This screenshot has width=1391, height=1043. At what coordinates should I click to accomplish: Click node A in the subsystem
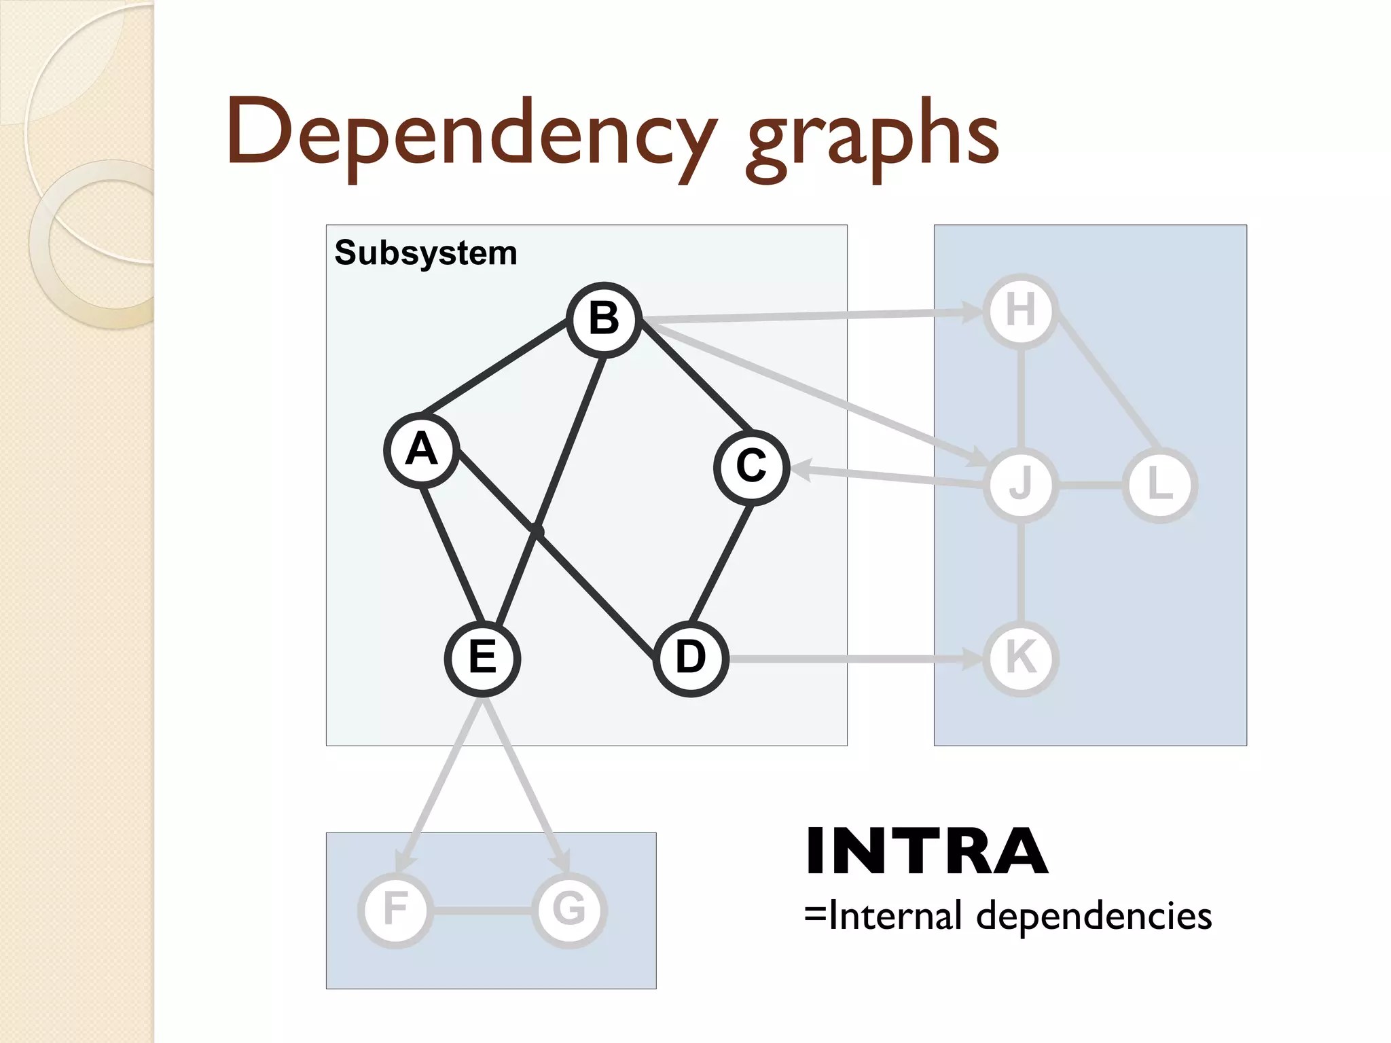click(421, 450)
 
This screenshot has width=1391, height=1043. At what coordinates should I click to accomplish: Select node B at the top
click(604, 318)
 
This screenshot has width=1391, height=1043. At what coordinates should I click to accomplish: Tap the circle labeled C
click(751, 467)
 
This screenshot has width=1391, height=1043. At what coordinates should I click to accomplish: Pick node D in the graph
click(691, 658)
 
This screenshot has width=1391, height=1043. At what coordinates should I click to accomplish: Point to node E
click(482, 658)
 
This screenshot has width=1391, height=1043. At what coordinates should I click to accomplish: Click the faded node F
click(395, 910)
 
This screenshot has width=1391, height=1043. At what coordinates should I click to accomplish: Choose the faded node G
click(569, 910)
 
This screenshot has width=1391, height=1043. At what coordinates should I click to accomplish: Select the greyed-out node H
click(1021, 311)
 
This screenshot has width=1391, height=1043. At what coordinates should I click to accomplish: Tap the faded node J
click(1021, 486)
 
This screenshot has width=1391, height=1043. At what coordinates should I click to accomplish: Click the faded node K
click(1021, 658)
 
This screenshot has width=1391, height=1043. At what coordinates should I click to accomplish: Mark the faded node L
click(1160, 486)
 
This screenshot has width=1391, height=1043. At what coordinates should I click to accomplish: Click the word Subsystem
click(426, 253)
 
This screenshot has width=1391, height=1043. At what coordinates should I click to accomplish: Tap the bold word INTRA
click(926, 852)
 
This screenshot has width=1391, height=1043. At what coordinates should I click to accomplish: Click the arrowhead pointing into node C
click(800, 469)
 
